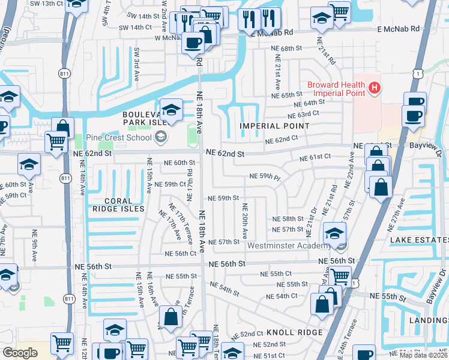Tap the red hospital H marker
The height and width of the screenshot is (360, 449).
coord(375,89)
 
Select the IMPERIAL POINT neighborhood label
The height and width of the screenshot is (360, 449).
coord(275,126)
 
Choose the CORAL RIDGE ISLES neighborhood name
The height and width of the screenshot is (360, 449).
coord(118,205)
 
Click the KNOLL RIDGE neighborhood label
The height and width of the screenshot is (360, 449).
coord(294,332)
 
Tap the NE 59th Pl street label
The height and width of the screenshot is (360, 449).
coord(265,177)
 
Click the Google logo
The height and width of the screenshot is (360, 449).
coord(20,353)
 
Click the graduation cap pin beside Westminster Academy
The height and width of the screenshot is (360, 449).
coord(334,232)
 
